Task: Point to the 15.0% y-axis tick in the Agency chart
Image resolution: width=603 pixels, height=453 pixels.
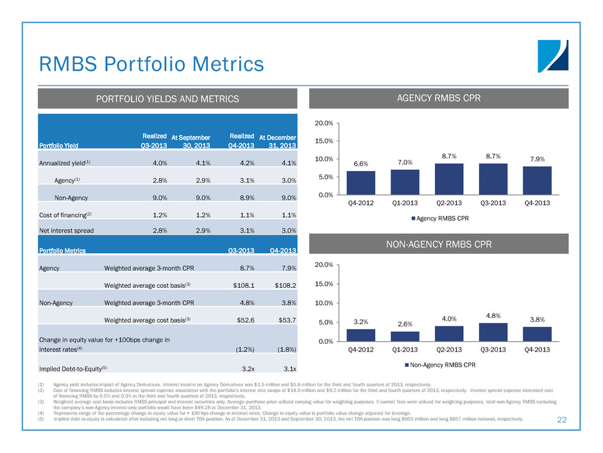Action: click(x=323, y=141)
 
